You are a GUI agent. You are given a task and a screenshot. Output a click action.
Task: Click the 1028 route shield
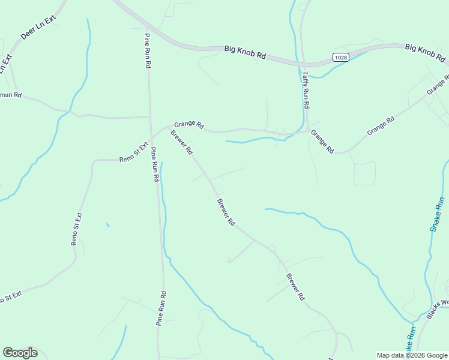click(340, 57)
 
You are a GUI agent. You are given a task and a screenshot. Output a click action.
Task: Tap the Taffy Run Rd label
click(306, 89)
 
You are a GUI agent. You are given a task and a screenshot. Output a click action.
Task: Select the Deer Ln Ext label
click(38, 28)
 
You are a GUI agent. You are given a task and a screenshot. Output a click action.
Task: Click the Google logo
click(20, 353)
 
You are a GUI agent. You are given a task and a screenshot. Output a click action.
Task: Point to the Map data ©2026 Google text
click(412, 355)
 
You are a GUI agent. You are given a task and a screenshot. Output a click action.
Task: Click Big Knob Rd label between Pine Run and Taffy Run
click(245, 52)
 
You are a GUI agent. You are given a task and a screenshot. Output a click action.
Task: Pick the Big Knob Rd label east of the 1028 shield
click(425, 53)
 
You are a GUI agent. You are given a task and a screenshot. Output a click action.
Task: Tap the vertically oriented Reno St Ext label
click(76, 229)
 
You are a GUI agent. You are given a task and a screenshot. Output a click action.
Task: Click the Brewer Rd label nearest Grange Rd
click(181, 142)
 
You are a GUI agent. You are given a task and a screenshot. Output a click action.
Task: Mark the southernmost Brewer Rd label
click(295, 287)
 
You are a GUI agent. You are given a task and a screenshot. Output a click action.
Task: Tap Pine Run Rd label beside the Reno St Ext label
click(155, 164)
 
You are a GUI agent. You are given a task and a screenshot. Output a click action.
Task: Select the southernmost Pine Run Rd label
click(161, 308)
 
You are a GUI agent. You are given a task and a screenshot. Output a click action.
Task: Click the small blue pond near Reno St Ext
click(107, 225)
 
